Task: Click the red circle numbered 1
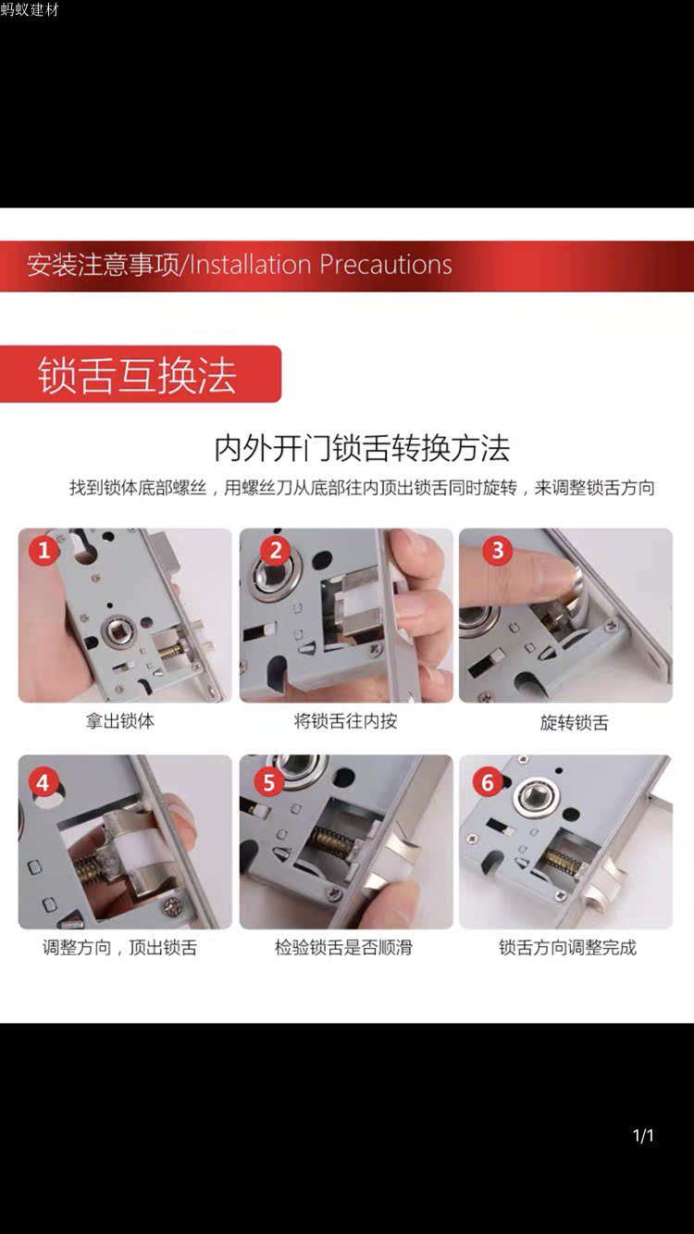coord(43,549)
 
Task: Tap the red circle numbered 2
coord(276,549)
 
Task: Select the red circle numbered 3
coord(498,549)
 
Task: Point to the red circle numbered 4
coord(43,782)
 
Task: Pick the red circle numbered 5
coord(268,782)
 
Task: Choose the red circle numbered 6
coord(488,782)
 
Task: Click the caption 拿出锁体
coord(120,721)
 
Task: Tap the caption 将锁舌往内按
coord(346,721)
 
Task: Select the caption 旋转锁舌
coord(575,722)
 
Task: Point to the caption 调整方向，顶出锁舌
coord(120,948)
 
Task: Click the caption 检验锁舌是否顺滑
coord(343,948)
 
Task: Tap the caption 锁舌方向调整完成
coord(568,948)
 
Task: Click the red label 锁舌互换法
coord(138,375)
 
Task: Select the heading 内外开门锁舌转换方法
coord(362,448)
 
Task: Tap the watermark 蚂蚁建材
coord(30,10)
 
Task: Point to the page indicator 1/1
coord(643,1135)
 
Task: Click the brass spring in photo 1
coord(172,650)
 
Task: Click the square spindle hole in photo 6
coord(537,794)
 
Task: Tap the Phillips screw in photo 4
coord(173,905)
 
